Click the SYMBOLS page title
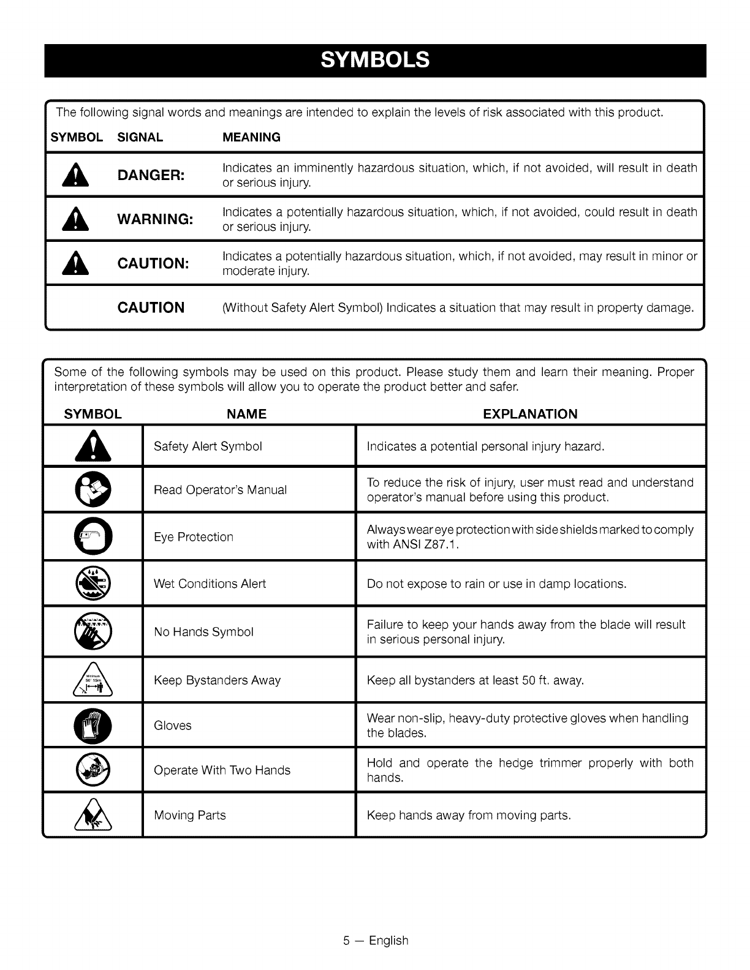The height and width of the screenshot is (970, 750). [375, 60]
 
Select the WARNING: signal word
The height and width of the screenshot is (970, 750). [156, 219]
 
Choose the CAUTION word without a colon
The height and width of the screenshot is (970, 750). [151, 307]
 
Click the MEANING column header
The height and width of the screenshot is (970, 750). [251, 137]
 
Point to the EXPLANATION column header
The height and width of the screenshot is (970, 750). [530, 414]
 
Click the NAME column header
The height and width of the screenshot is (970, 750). [246, 414]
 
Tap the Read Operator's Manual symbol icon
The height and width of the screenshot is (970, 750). [93, 490]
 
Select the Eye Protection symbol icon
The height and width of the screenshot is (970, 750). [93, 537]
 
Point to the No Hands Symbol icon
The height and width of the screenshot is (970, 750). [93, 631]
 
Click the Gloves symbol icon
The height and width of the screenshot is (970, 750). [93, 725]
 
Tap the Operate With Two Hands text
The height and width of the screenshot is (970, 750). [222, 770]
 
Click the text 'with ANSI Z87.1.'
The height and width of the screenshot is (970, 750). [412, 544]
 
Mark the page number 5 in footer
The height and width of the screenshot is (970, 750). [346, 941]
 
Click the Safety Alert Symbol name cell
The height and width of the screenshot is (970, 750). [208, 446]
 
